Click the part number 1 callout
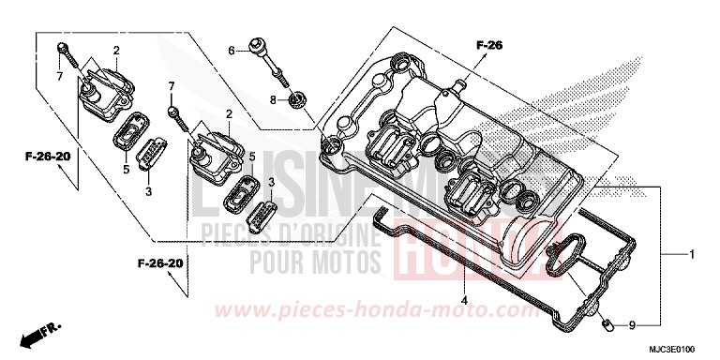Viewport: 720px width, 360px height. pyautogui.click(x=693, y=255)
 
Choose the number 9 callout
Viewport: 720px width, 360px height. pyautogui.click(x=631, y=325)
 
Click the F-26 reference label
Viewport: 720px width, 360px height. pyautogui.click(x=489, y=44)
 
